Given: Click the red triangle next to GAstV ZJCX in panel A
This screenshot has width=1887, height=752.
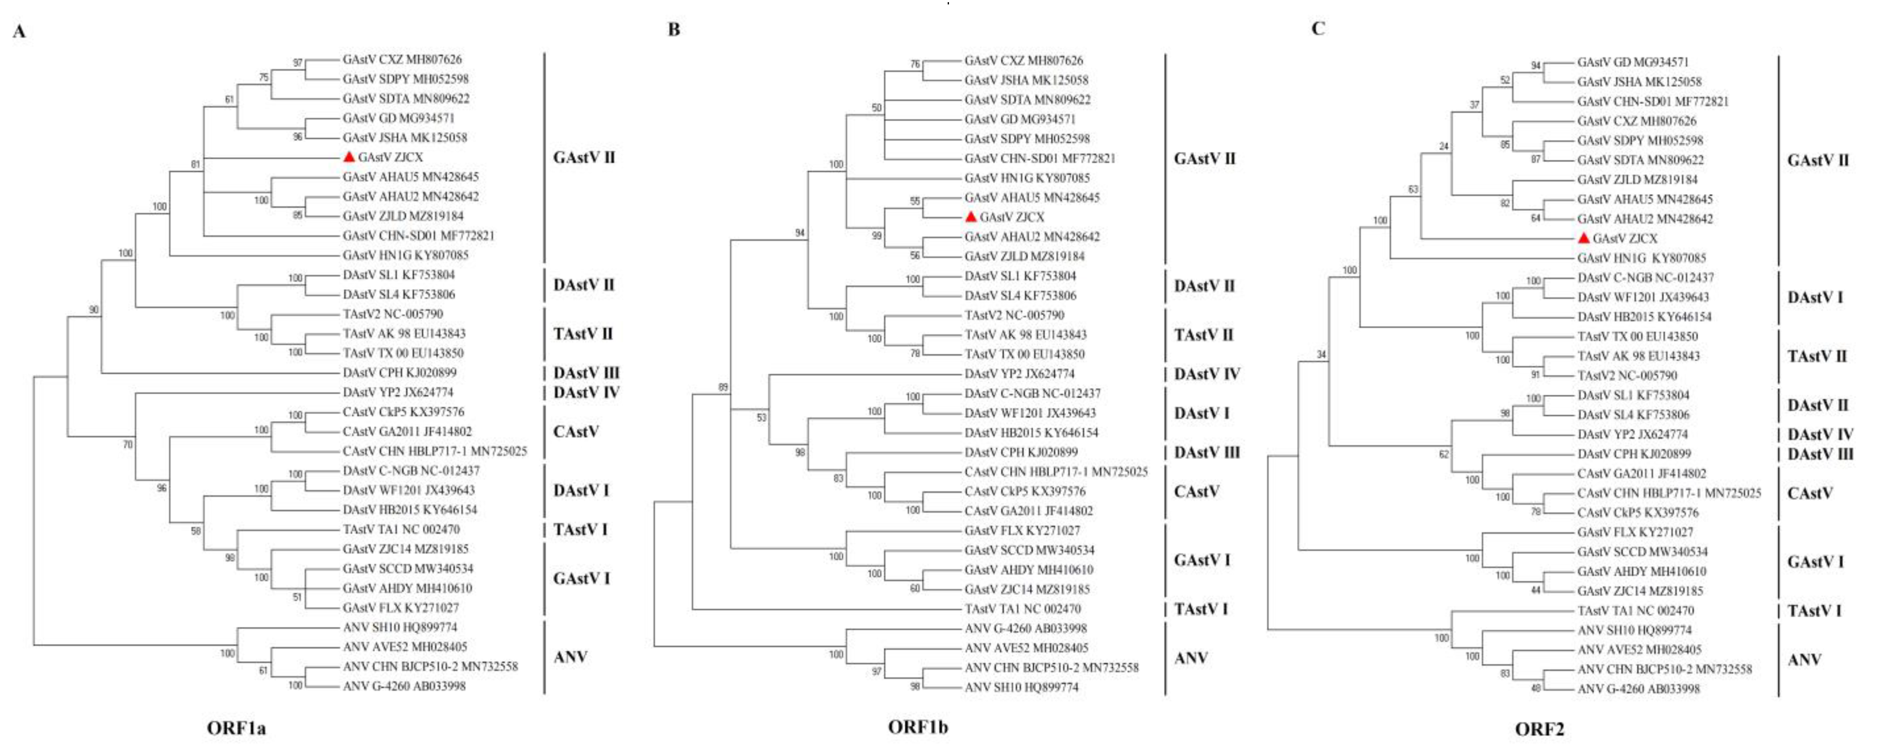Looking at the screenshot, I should [349, 157].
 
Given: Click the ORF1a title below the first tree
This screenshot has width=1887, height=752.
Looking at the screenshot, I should [236, 728].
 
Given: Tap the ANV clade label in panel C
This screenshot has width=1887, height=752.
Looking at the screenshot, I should [1804, 660].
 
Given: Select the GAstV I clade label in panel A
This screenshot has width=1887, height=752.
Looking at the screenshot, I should [582, 578].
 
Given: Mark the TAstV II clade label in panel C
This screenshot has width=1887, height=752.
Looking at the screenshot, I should [1817, 356].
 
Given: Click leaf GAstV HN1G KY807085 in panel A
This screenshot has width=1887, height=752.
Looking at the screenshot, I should [405, 255].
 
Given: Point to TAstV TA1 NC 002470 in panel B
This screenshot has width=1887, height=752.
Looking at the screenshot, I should [1022, 609].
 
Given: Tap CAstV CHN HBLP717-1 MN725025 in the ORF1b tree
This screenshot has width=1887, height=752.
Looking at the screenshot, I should [1056, 472].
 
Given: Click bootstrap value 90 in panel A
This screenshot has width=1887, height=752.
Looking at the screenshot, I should [94, 310].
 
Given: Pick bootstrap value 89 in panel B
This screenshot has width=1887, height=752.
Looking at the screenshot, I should [723, 387].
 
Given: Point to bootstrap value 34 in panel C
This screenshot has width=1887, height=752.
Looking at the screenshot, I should [1321, 355].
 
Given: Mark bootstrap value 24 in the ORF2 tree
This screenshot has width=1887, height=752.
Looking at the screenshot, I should [1443, 147].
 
